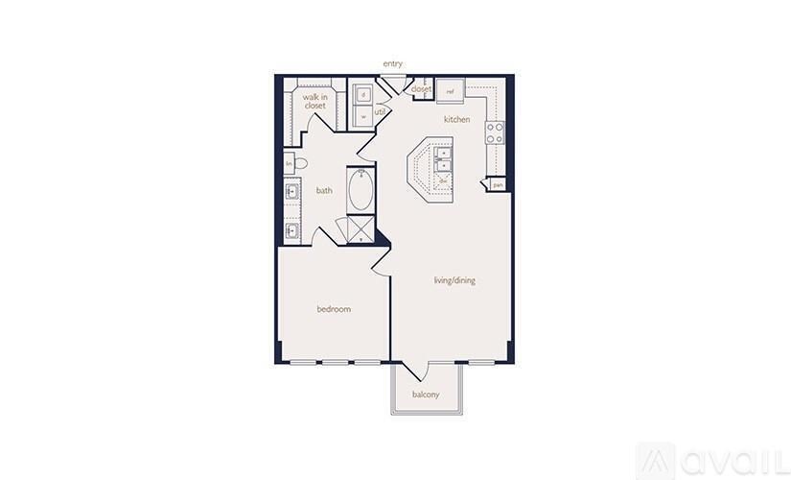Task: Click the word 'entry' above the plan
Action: [392, 64]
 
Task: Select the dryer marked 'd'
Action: [364, 95]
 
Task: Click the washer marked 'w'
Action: [364, 116]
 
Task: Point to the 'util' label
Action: [380, 112]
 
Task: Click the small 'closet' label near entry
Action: [421, 89]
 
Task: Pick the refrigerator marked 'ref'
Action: [451, 91]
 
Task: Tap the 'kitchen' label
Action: [455, 119]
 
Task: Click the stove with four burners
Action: [495, 132]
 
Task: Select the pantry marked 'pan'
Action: [497, 183]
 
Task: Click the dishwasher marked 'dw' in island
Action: [443, 179]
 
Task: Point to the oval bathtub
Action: [361, 191]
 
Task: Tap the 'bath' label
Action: [324, 190]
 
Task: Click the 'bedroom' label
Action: [334, 309]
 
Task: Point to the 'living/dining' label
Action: [454, 280]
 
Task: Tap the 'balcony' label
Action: [426, 395]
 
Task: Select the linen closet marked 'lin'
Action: [289, 165]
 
